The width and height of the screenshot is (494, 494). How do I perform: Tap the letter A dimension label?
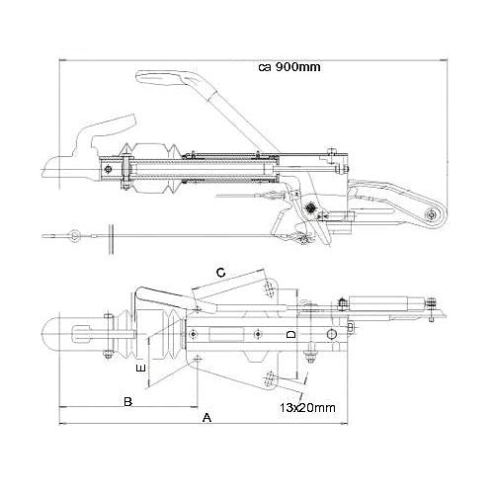pos(206,419)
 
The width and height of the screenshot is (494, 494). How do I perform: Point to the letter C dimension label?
pos(221,271)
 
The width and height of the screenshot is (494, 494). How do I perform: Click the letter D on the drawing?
pos(290,337)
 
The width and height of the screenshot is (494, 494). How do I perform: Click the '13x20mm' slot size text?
pos(305,406)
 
